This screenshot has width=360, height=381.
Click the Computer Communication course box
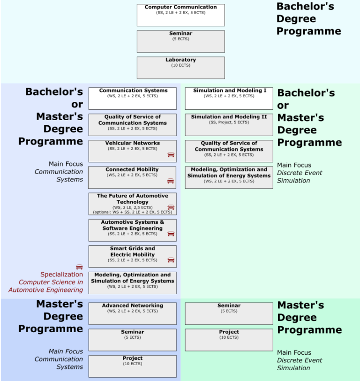coord(180,15)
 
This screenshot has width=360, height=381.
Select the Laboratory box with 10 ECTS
coord(180,68)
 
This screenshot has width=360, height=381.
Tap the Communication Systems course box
coord(133,98)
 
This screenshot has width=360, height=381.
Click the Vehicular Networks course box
coord(132,151)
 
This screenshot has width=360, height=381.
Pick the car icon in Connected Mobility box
coord(171,181)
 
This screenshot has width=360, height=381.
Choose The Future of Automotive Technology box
coord(132,204)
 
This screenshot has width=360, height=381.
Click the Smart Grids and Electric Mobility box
coord(132,256)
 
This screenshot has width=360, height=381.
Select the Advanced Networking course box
coord(132,313)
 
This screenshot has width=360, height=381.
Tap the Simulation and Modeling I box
coord(229,98)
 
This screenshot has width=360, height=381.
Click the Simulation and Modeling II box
coord(229,124)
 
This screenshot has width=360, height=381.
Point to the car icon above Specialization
coord(79,267)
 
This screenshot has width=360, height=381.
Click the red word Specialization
coord(61,274)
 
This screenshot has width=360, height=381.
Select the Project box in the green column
coord(229,340)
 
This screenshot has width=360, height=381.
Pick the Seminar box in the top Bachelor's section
coord(180,41)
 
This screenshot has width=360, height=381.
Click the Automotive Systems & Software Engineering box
coord(132,230)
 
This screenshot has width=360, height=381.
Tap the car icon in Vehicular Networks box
coord(171,154)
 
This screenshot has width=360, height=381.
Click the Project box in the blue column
coord(132,366)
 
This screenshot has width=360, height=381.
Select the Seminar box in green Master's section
coord(229,313)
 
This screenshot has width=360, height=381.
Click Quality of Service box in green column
coord(229,151)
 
